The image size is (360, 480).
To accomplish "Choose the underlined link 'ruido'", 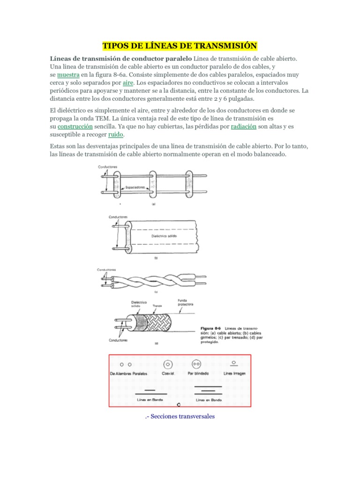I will (115, 135).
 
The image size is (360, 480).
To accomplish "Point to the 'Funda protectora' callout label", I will (185, 302).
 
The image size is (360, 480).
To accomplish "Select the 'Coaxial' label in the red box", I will (168, 374).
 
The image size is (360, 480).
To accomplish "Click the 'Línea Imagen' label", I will (234, 374).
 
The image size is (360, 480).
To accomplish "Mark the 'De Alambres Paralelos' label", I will (128, 374).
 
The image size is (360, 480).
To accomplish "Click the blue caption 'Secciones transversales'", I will (180, 416).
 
